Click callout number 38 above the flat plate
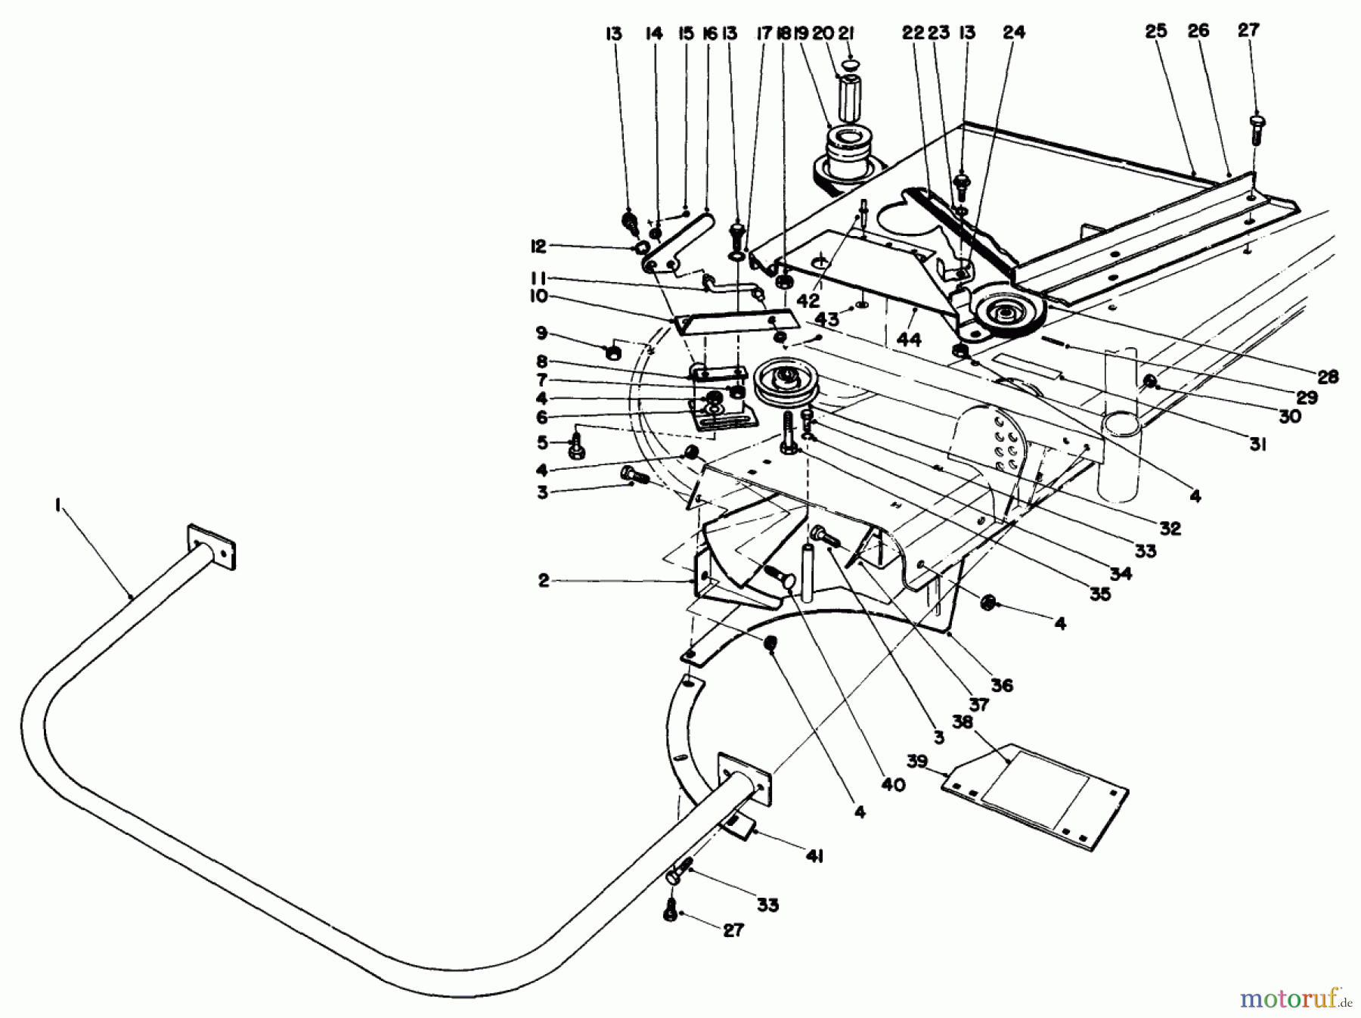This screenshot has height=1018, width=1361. click(963, 722)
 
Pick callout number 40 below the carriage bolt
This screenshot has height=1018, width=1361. click(892, 785)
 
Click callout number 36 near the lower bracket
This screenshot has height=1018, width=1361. click(1003, 685)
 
